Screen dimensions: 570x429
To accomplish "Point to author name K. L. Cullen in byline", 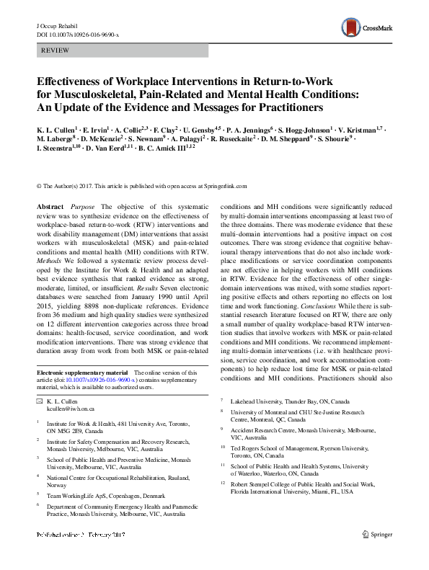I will pyautogui.click(x=58, y=128).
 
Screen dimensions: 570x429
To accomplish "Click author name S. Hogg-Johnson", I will pyautogui.click(x=304, y=128).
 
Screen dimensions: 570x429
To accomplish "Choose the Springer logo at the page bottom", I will pyautogui.click(x=379, y=555).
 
